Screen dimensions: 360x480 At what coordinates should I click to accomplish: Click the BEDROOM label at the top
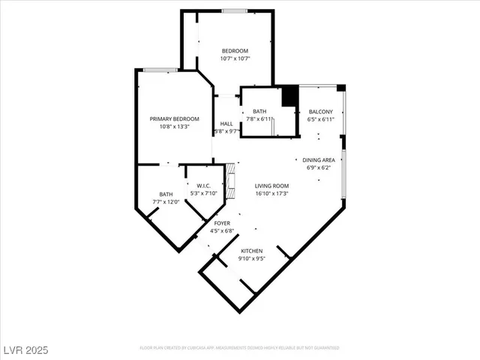tap(234, 51)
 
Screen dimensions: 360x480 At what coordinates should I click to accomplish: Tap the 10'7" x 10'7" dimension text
tap(234, 58)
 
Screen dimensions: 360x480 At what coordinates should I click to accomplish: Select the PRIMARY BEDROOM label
tap(175, 119)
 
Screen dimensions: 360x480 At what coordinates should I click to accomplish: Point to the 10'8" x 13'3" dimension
tap(175, 127)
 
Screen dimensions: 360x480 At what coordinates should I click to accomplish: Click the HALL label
tap(226, 124)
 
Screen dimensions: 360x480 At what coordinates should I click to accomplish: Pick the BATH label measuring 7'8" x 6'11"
tap(259, 112)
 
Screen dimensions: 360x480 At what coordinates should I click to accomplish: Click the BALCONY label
tap(320, 112)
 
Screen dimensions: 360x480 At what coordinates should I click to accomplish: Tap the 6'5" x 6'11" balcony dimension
tap(320, 119)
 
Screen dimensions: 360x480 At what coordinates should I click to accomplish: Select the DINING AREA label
tap(319, 160)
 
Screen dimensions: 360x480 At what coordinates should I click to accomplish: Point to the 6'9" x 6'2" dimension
tap(319, 167)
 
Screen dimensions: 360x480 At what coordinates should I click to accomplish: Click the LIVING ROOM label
tap(271, 186)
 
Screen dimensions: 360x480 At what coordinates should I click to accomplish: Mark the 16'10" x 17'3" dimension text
tap(271, 193)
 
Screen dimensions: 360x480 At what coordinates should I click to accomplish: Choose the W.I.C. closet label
tap(204, 186)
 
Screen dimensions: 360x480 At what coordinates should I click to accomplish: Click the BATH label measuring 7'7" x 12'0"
tap(166, 194)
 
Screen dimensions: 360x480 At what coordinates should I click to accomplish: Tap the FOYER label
tap(222, 223)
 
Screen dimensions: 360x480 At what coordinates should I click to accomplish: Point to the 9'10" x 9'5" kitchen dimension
tap(252, 259)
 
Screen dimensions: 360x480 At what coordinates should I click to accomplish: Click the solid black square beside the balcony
tap(289, 97)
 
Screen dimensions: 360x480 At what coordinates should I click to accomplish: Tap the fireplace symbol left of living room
tap(232, 180)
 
